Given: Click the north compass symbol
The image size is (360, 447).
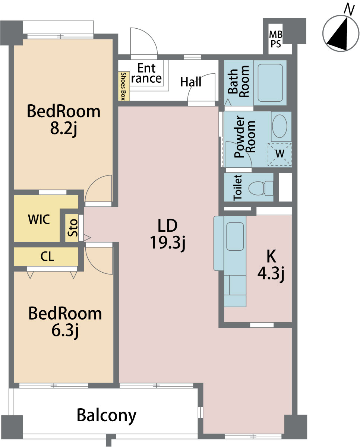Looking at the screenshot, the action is (x=341, y=33).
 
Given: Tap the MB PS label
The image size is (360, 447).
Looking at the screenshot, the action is (x=276, y=39).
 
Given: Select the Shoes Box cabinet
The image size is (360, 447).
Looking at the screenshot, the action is (x=124, y=86).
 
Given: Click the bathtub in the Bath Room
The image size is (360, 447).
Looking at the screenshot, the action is (x=270, y=83).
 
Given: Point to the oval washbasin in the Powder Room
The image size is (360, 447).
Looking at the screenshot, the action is (x=280, y=126).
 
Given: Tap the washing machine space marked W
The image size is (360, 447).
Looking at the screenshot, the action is (x=280, y=154).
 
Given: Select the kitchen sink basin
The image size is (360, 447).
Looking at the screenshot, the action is (x=235, y=237).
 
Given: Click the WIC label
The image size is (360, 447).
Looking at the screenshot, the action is (x=39, y=219).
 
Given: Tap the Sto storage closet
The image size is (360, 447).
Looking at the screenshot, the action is (x=72, y=228).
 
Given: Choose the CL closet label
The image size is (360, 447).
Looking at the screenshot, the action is (x=47, y=256).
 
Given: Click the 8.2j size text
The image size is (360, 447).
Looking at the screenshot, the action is (x=64, y=129).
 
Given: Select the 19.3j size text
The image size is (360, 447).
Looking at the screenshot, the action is (x=168, y=243).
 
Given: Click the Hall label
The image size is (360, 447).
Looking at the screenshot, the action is (x=191, y=82).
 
